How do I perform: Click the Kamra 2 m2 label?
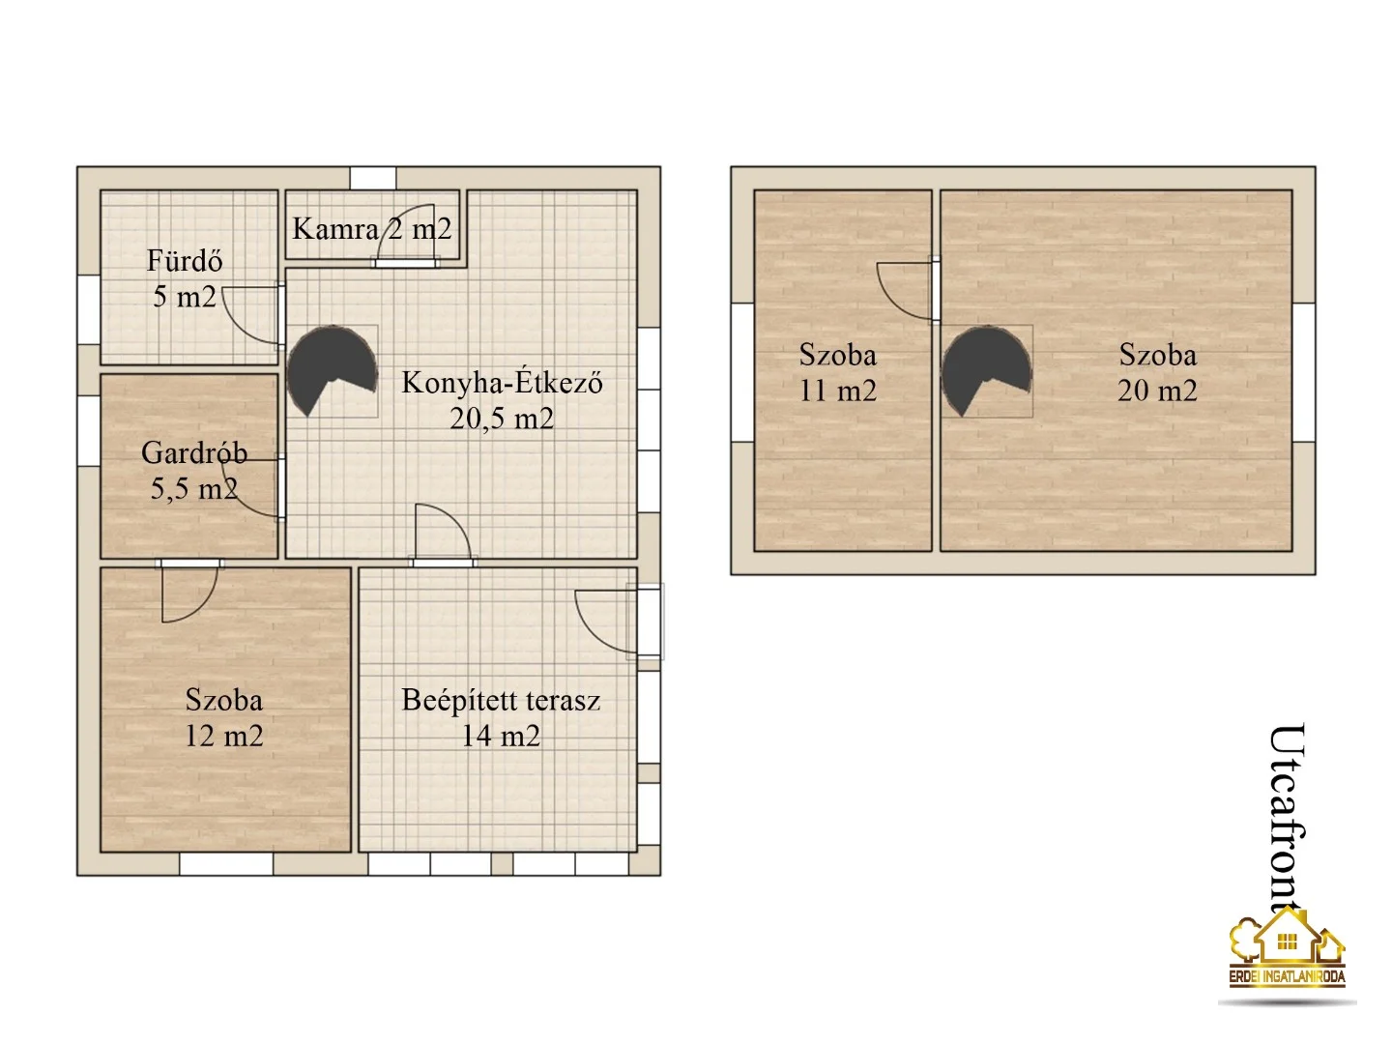click(371, 229)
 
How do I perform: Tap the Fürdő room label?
click(185, 261)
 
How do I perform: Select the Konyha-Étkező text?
click(502, 383)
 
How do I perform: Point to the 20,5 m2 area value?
click(502, 419)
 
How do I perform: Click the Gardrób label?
click(194, 452)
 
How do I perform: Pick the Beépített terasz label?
click(501, 701)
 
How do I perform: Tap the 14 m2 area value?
click(501, 736)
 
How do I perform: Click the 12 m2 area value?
click(224, 736)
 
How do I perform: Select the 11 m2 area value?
click(838, 391)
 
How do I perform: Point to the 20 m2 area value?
click(1157, 391)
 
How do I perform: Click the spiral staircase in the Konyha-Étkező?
click(332, 370)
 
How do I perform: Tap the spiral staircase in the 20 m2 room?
click(987, 370)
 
